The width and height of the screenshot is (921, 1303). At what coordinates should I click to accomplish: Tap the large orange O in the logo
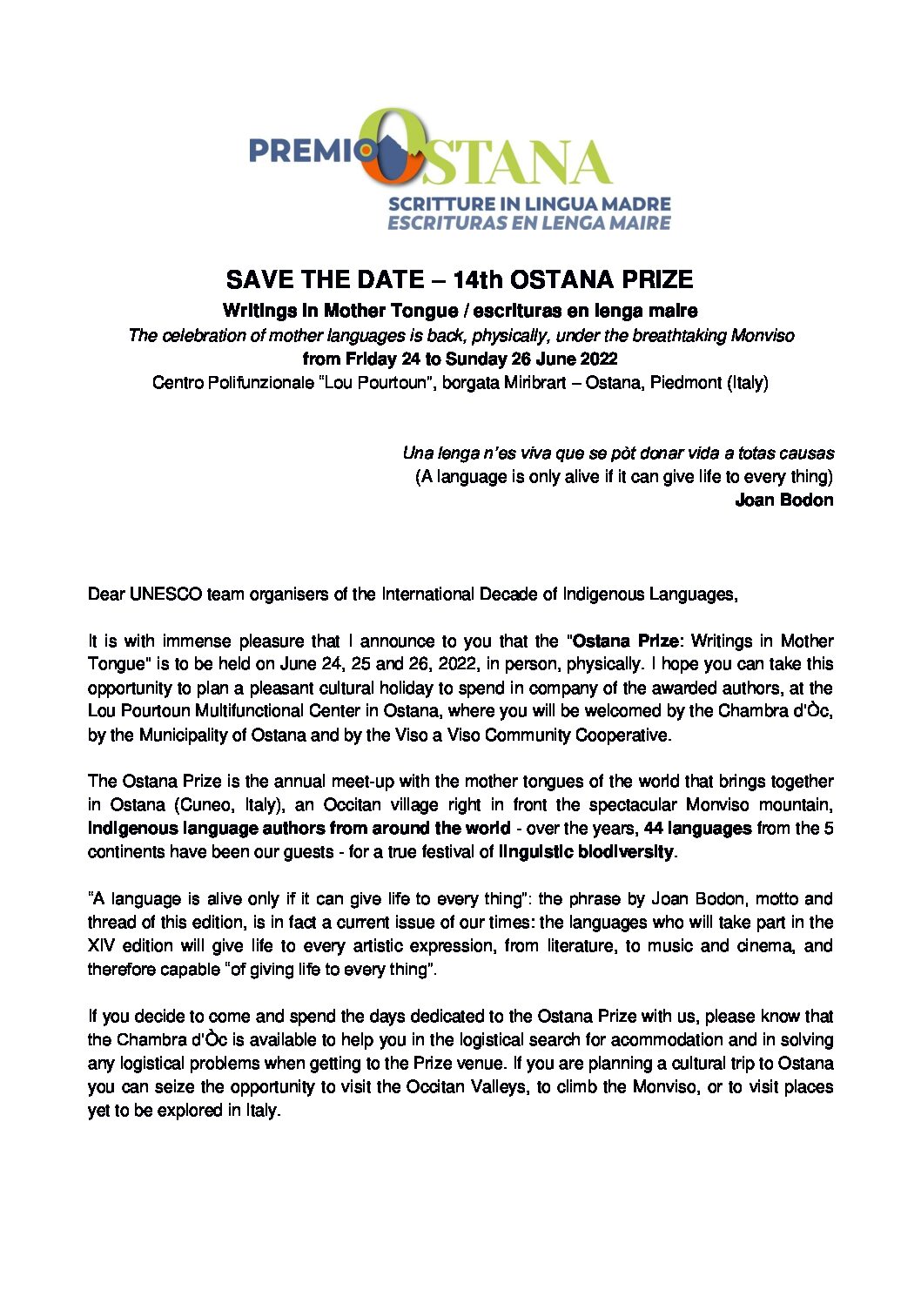[393, 148]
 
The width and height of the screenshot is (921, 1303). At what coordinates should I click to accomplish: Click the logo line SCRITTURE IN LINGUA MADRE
[529, 204]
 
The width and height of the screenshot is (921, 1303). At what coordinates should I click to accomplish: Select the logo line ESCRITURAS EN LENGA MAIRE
[529, 223]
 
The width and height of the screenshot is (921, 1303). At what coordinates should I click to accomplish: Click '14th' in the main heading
[478, 280]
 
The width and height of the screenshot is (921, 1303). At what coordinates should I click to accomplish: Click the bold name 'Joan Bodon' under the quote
[784, 500]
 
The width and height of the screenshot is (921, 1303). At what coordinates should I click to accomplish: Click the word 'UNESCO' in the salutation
[165, 594]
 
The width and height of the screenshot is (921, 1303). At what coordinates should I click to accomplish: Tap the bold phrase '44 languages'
[697, 828]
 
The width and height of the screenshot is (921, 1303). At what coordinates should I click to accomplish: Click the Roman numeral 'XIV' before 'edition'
[102, 945]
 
